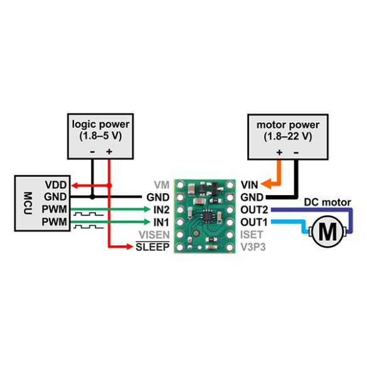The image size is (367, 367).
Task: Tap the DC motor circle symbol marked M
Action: coord(327,231)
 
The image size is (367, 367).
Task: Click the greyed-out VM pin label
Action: coord(162,185)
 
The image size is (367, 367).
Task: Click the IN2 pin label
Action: coord(161,210)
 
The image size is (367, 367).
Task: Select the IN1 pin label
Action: coord(161,221)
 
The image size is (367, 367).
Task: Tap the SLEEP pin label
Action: coord(153,247)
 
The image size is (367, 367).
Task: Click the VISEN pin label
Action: coord(155,234)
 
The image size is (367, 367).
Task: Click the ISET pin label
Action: coord(249,234)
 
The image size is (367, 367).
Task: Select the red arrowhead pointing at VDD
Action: coord(72,185)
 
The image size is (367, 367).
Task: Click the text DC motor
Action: coord(327,202)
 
